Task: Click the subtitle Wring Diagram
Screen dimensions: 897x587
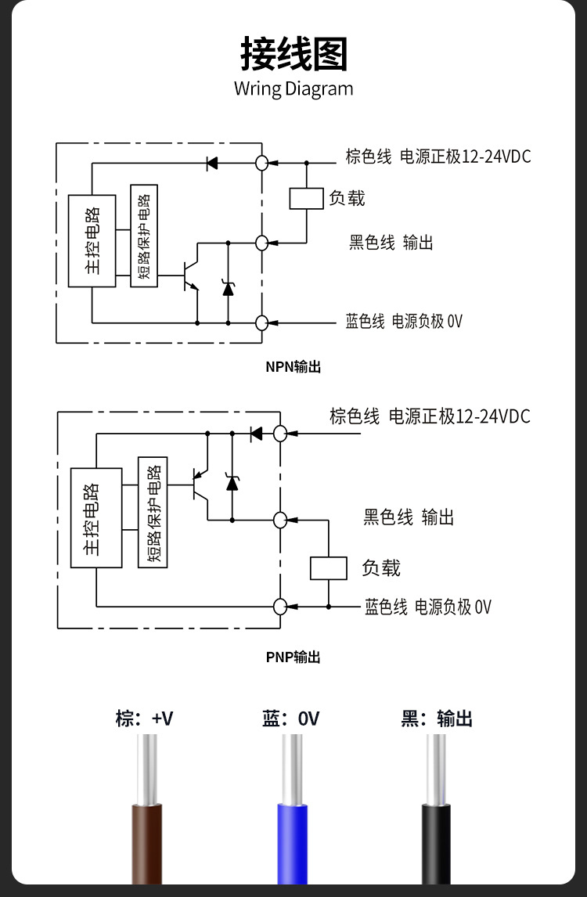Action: [x=293, y=88]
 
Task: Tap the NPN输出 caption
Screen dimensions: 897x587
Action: [x=293, y=366]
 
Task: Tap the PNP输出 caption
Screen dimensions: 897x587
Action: [x=293, y=657]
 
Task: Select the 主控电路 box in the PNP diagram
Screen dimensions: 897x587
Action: [x=96, y=517]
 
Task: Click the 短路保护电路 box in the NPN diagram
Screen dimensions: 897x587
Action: [x=144, y=236]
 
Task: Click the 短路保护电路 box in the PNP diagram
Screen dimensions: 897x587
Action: [x=153, y=512]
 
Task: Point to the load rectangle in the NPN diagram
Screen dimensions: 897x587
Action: [x=306, y=199]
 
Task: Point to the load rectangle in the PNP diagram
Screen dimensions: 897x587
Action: [x=329, y=567]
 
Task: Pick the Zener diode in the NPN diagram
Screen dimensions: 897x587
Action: [x=228, y=287]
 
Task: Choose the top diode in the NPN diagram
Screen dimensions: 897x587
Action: [x=211, y=164]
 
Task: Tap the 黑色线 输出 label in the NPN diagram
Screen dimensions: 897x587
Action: [x=391, y=243]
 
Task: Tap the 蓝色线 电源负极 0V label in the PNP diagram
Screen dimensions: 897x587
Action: [x=427, y=607]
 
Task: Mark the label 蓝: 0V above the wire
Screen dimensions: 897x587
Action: [x=291, y=719]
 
